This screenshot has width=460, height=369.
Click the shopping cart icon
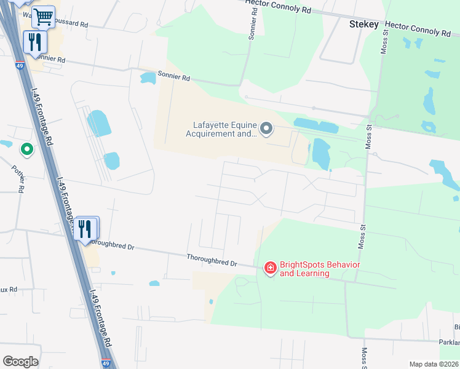(43, 17)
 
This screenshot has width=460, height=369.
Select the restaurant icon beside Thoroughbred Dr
(85, 228)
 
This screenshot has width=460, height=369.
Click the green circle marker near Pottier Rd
(26, 149)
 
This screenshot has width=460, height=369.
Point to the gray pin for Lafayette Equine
(266, 129)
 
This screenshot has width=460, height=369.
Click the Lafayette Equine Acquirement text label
(221, 129)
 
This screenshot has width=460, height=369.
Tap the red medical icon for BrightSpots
(270, 268)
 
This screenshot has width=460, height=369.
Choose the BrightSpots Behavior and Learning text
(320, 269)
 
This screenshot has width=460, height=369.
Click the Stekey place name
(363, 25)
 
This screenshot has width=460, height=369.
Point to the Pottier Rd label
(18, 178)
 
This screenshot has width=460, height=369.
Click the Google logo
(20, 361)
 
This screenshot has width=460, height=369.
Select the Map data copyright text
(433, 364)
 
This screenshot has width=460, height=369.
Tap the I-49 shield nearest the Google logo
(106, 363)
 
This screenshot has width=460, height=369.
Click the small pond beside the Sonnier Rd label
(148, 78)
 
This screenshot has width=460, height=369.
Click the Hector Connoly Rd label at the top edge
(278, 6)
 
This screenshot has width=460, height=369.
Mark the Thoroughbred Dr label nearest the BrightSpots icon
(212, 260)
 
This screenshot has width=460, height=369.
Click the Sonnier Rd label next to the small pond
(174, 78)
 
